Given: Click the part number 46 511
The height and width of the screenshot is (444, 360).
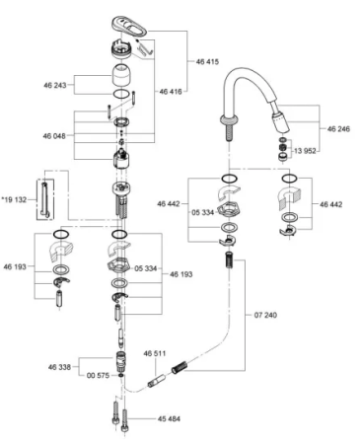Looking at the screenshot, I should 155,352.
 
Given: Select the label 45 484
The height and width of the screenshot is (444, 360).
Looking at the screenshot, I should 172,418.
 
